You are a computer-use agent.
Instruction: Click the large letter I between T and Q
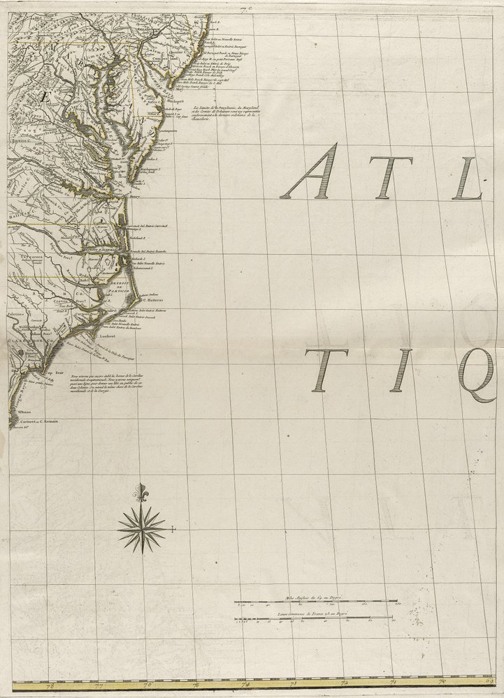(x=396, y=370)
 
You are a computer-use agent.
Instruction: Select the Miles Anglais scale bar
(x=316, y=600)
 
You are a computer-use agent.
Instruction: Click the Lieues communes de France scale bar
(x=313, y=617)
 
